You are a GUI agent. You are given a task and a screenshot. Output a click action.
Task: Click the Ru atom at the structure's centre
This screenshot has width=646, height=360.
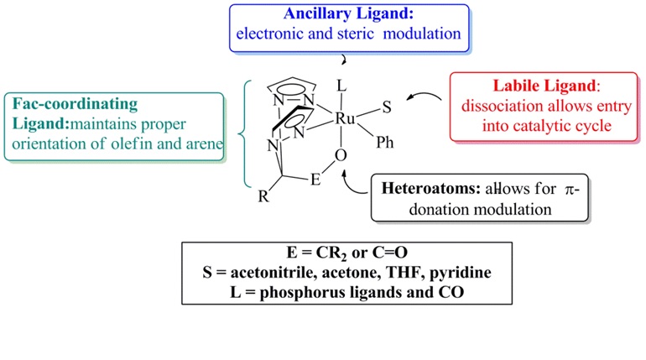tap(345, 120)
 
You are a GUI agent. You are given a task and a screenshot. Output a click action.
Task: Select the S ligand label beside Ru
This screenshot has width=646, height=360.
tap(387, 107)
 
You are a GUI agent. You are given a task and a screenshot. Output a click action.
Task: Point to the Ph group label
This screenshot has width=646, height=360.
tap(384, 143)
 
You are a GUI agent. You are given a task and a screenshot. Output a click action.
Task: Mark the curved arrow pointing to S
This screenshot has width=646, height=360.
tap(426, 102)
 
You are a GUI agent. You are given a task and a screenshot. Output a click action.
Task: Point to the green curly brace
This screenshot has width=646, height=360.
tap(241, 134)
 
